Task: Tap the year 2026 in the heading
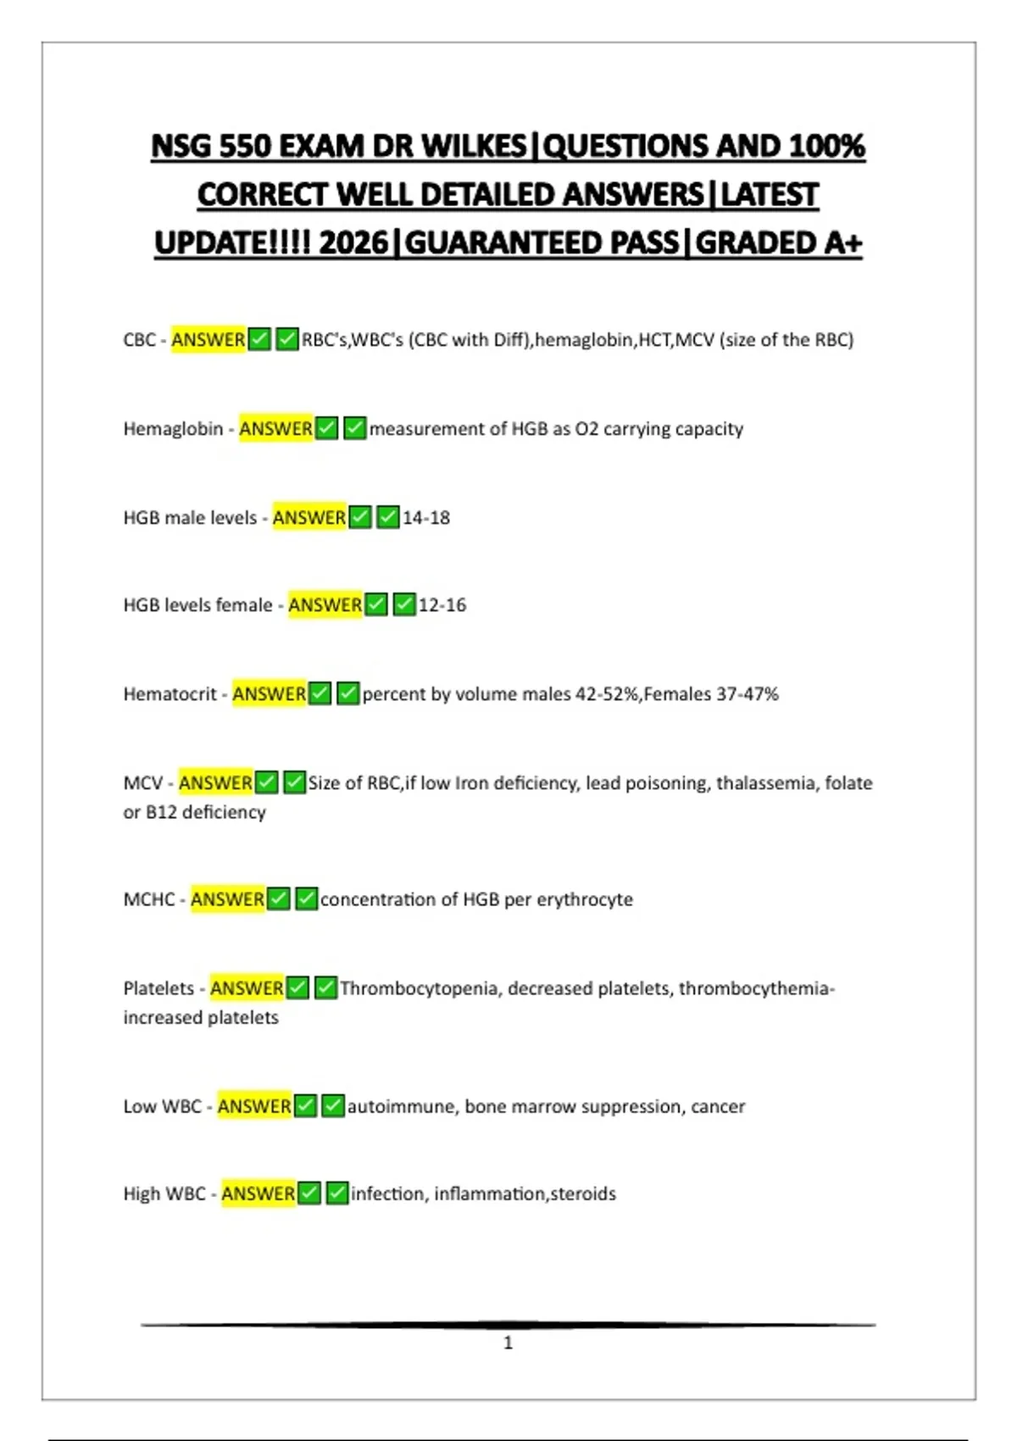353,243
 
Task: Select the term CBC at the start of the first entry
139,340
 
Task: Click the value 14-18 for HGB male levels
426,518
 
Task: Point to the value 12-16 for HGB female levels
442,605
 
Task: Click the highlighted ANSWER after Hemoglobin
275,429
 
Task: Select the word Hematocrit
169,694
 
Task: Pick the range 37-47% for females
747,694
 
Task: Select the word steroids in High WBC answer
583,1193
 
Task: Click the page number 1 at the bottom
508,1343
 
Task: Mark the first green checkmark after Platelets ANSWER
297,988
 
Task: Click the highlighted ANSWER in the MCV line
215,783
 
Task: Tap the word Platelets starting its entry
158,988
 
